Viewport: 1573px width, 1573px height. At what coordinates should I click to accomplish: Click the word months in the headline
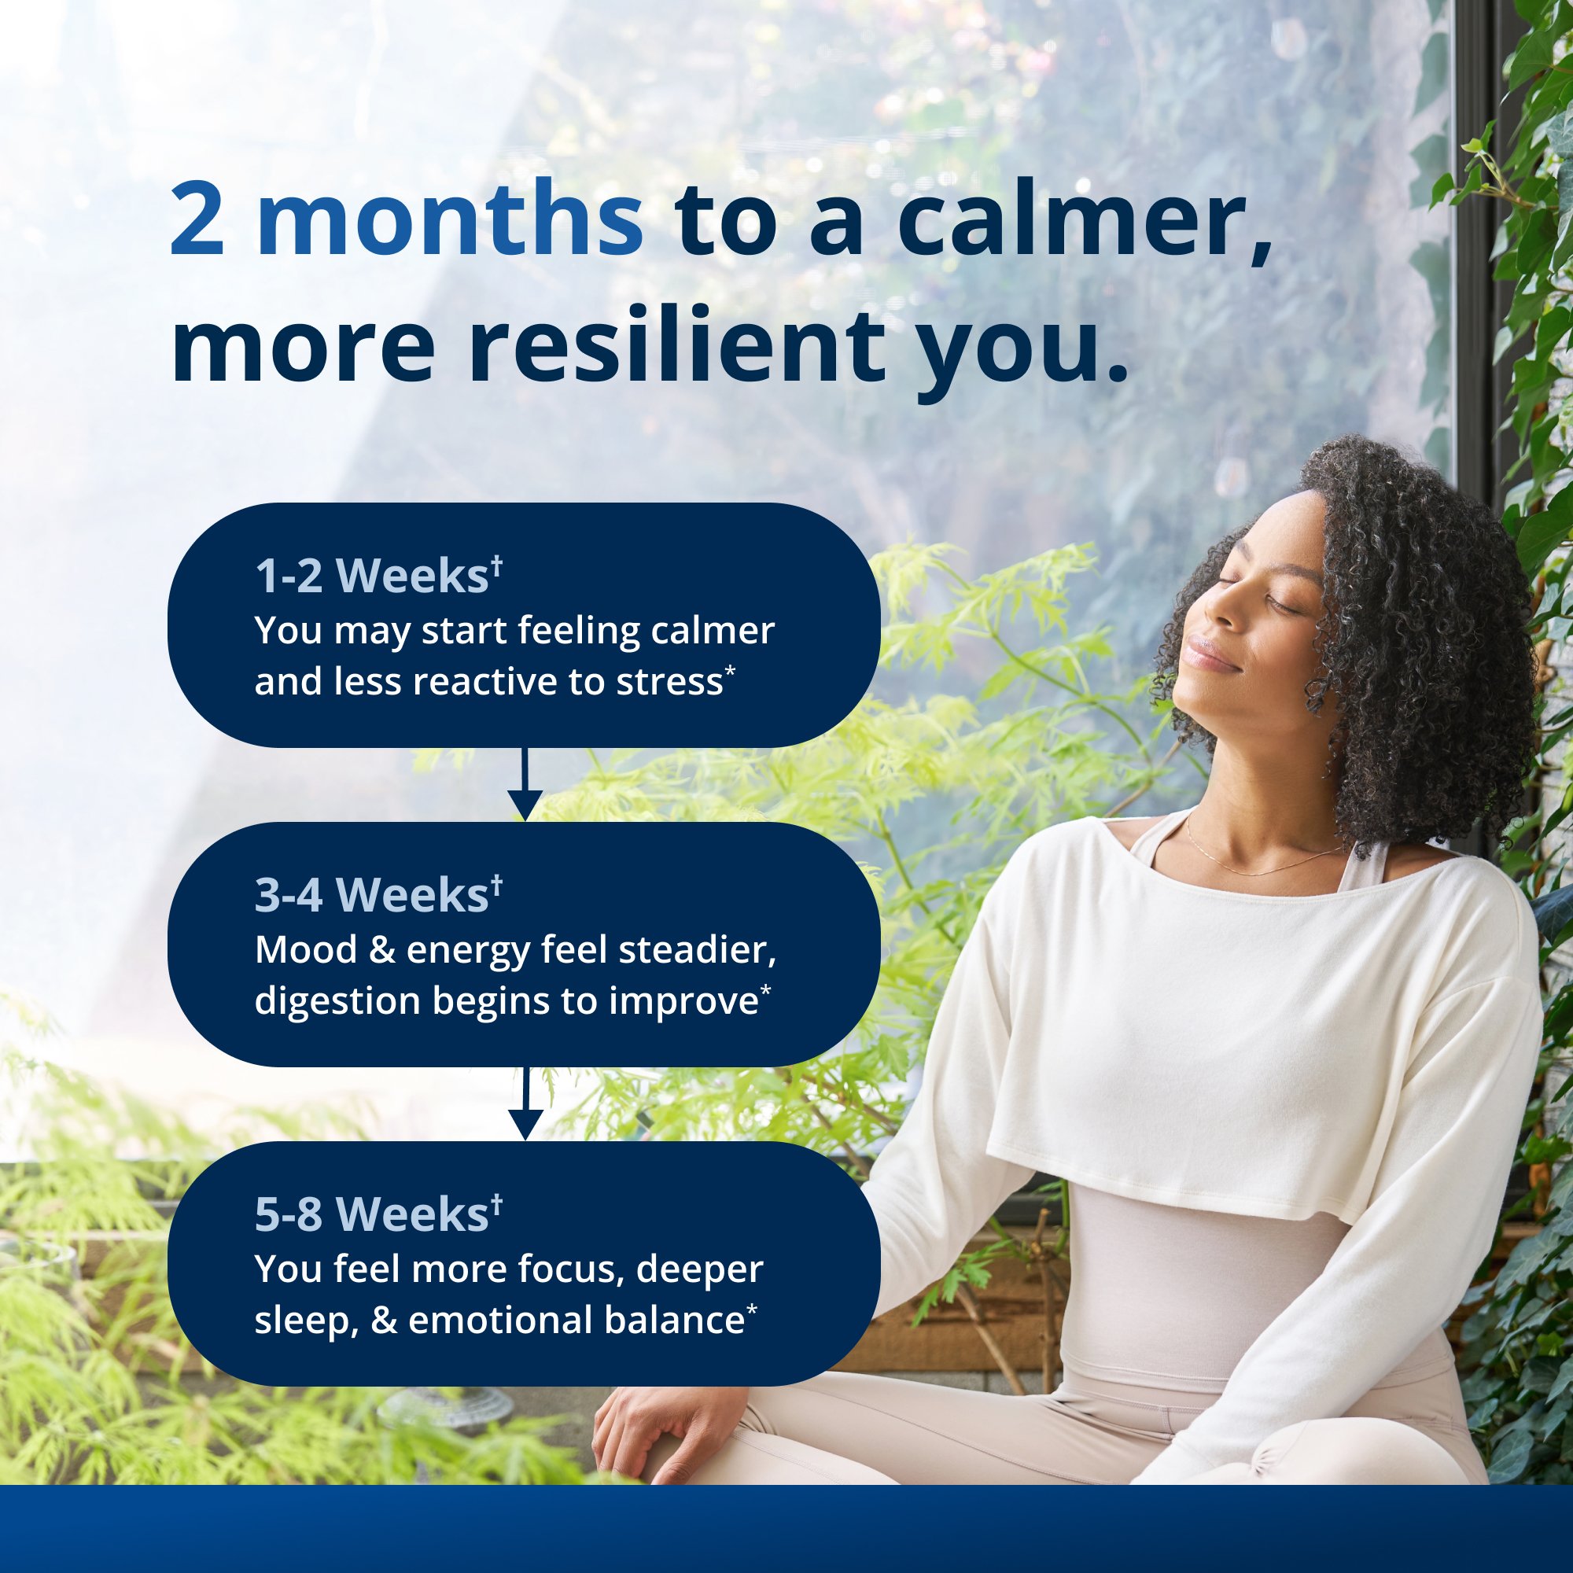pos(449,220)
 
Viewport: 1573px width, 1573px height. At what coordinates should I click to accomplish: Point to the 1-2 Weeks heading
pos(378,577)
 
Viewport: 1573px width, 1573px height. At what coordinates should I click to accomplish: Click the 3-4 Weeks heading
pos(378,896)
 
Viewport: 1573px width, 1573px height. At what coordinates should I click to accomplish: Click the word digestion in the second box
pos(337,1001)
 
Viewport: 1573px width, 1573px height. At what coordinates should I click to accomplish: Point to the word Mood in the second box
pos(306,950)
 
